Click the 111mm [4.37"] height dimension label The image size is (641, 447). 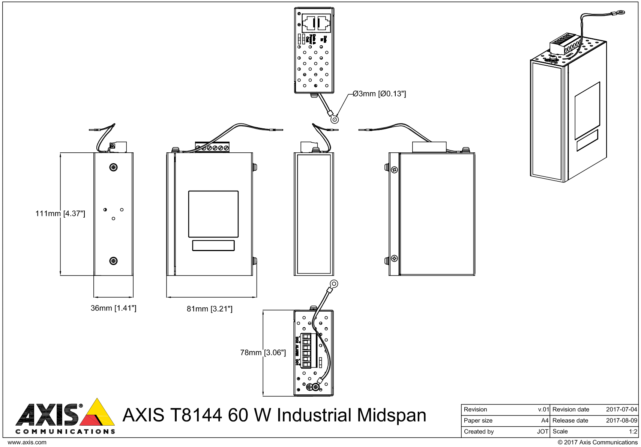coord(60,214)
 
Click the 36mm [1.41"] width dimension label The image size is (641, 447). coord(113,308)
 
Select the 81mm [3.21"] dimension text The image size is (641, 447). coord(209,309)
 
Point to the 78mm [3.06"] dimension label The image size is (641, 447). coord(263,352)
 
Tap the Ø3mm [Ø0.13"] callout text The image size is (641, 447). coord(379,94)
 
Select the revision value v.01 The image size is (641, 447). coord(543,409)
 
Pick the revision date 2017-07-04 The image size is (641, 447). coord(621,409)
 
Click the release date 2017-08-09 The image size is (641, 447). coord(621,420)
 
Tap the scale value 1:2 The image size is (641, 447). coord(633,432)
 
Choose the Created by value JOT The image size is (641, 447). coord(542,432)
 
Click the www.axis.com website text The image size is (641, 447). coord(27,442)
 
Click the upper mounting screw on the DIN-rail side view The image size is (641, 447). coord(113,167)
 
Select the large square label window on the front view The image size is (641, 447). coord(213,214)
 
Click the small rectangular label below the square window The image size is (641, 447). coord(213,245)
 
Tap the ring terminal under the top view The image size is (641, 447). coord(335,120)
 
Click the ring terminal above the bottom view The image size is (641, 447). coord(333,284)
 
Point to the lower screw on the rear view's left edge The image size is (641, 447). coord(394,258)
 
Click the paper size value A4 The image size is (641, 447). coord(545,420)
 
